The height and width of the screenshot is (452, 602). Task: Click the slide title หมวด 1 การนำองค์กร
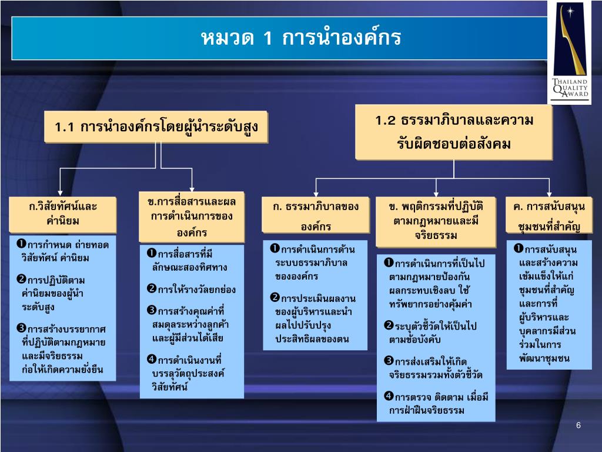[x=300, y=39]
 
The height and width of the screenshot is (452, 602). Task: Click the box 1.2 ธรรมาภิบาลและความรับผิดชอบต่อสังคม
[x=453, y=132]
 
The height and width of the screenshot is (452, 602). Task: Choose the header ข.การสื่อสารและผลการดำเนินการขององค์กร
[x=192, y=216]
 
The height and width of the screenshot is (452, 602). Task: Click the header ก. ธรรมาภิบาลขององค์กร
[x=316, y=216]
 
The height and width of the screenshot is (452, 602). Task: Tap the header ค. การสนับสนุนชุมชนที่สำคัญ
[x=549, y=216]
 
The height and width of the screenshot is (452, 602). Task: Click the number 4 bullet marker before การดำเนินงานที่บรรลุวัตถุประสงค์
[x=151, y=359]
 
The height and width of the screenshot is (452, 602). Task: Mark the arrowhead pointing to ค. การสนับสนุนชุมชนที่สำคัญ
[x=549, y=194]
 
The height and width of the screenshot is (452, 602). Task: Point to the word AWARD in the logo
[x=569, y=97]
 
